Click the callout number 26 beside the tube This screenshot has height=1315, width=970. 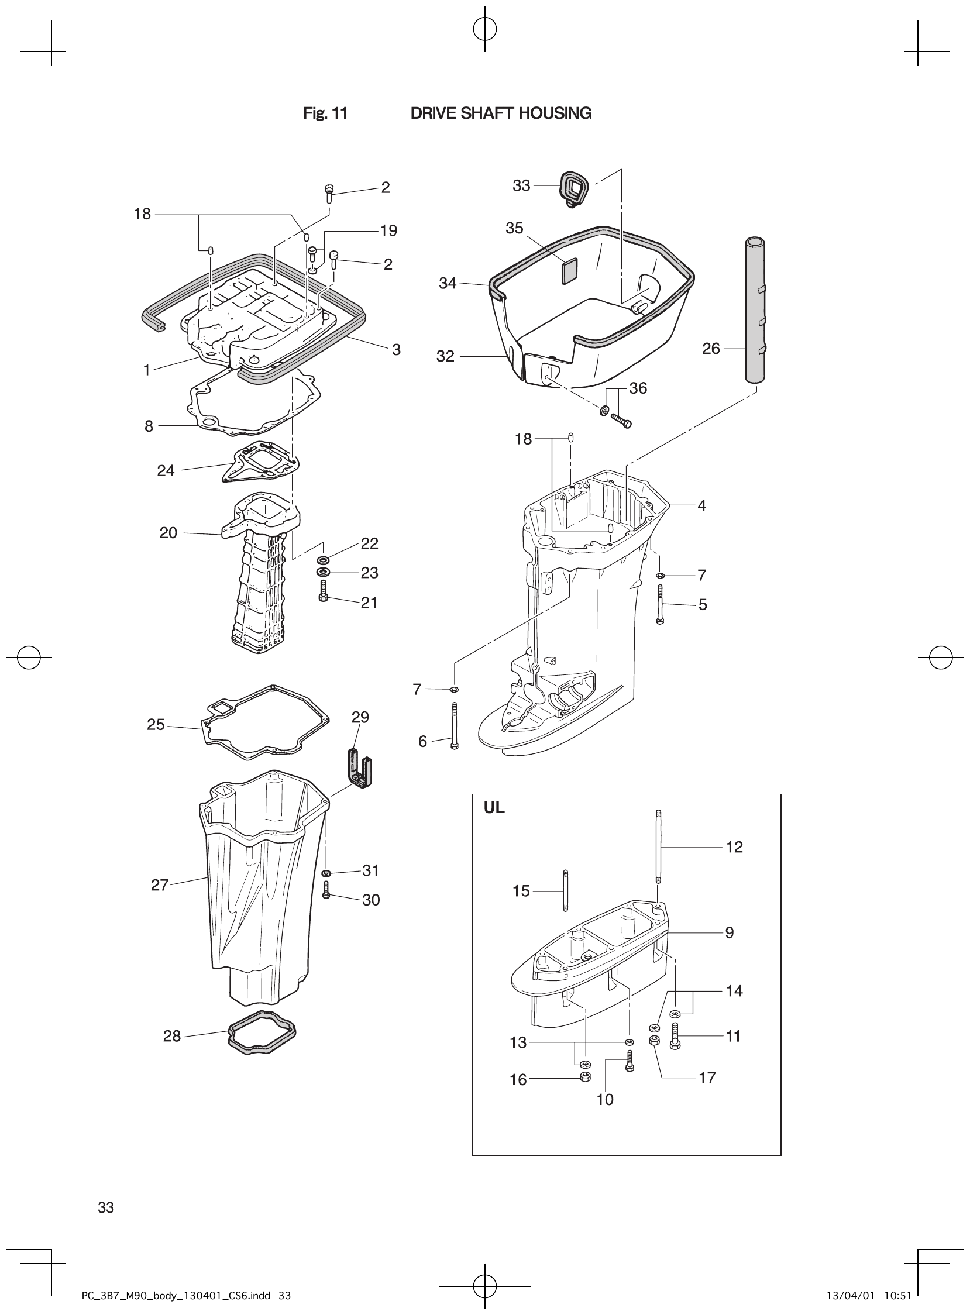click(710, 349)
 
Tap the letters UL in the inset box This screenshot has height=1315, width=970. click(494, 808)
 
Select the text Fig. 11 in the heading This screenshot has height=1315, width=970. click(325, 113)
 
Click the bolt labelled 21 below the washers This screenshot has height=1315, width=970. click(323, 591)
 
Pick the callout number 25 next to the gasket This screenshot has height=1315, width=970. click(156, 724)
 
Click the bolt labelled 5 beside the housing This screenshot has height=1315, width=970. click(660, 604)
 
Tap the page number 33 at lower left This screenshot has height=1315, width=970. click(106, 1207)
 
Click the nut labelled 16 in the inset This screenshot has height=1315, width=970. click(584, 1077)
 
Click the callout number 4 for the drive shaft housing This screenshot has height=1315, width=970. click(701, 505)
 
